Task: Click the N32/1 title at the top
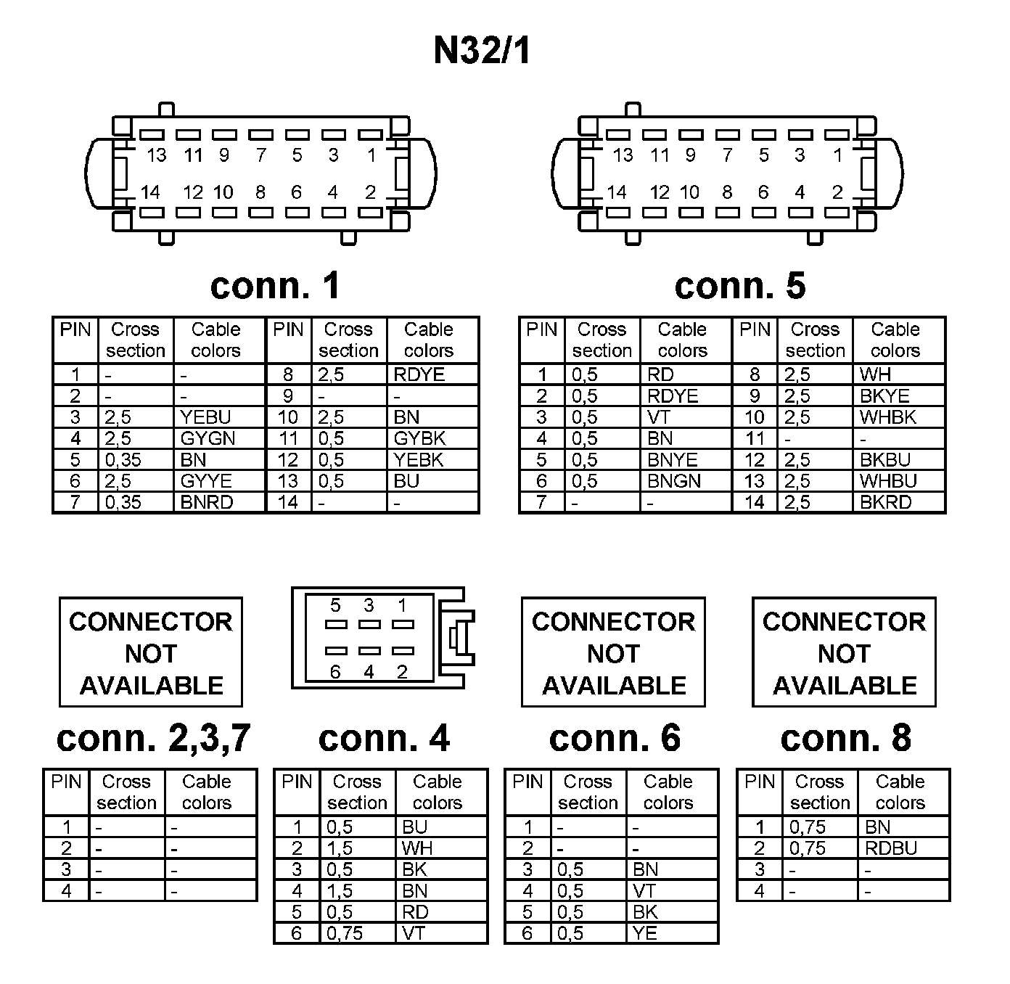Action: pos(482,51)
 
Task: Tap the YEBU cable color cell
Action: pos(205,417)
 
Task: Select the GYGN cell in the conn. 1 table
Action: pos(208,438)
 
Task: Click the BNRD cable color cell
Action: pos(206,502)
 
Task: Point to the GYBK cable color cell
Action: pos(419,438)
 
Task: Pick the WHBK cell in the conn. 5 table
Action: pos(887,417)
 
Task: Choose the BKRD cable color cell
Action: pos(885,502)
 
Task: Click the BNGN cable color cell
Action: pos(674,481)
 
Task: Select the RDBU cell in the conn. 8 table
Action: pos(891,848)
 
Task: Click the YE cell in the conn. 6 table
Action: pos(644,933)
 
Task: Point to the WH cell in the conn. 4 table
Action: pos(416,848)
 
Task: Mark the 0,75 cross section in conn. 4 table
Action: pos(345,933)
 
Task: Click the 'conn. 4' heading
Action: pos(384,738)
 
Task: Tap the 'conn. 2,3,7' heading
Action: pos(153,738)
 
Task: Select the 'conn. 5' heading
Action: pos(739,285)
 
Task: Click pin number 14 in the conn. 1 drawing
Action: pos(150,192)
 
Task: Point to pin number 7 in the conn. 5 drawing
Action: pos(727,155)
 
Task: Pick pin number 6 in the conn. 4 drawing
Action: pos(335,672)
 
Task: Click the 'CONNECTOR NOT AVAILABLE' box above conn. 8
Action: pos(844,652)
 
